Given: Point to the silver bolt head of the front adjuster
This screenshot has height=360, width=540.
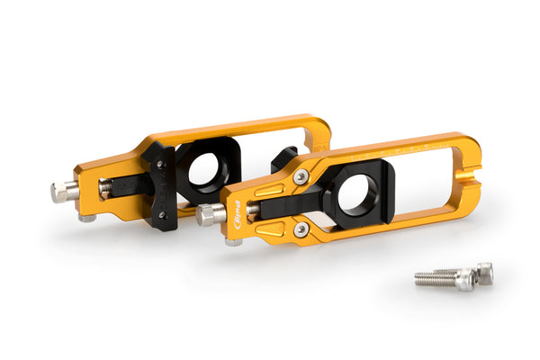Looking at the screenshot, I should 209,215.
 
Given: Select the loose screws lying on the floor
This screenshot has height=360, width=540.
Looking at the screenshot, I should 454,276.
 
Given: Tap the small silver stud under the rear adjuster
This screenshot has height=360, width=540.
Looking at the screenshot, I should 86,217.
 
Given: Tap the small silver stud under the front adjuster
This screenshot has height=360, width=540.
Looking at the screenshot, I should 232,242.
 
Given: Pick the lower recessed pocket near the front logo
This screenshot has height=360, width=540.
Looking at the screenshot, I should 267,233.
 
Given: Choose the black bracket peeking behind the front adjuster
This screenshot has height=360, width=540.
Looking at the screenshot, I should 281,158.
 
